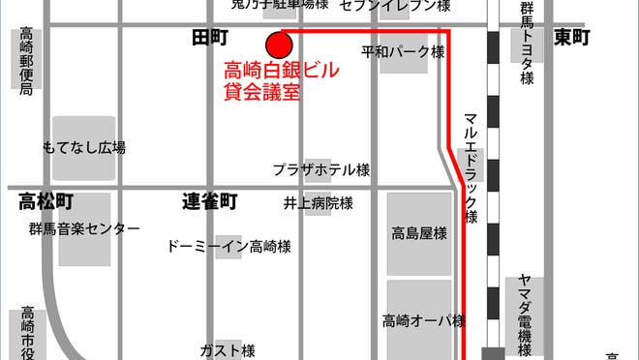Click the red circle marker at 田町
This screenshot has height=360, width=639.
[x=278, y=45]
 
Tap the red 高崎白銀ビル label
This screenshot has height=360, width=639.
[x=282, y=71]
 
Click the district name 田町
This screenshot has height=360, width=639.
[x=209, y=38]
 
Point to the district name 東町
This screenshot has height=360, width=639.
[x=571, y=38]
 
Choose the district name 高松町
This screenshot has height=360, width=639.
[x=46, y=202]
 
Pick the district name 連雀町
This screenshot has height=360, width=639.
[x=209, y=202]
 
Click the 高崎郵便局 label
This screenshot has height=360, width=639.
[x=26, y=62]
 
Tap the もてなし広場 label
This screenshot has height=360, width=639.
[x=84, y=148]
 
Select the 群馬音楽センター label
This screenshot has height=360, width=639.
[x=84, y=228]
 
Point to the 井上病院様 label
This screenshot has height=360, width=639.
[x=318, y=203]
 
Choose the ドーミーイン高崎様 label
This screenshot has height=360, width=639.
[x=229, y=246]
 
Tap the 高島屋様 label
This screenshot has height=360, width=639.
[x=419, y=233]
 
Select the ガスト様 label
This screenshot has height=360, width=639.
[x=228, y=349]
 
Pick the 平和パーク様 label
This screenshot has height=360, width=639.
[x=403, y=51]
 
